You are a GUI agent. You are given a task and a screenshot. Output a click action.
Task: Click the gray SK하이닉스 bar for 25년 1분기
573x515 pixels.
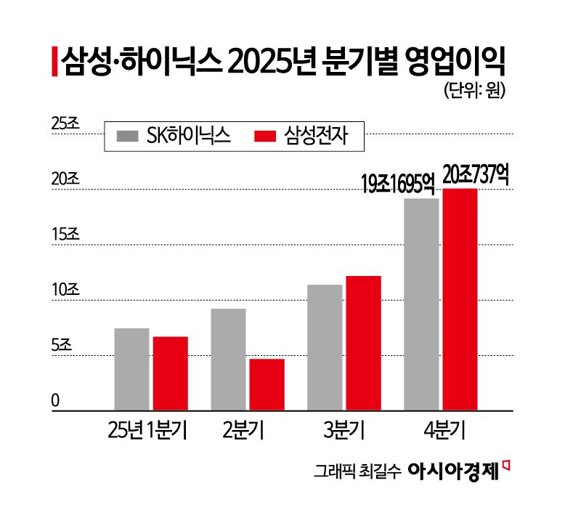(x=131, y=369)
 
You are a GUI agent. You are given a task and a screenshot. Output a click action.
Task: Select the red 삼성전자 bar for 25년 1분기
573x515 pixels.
(x=170, y=373)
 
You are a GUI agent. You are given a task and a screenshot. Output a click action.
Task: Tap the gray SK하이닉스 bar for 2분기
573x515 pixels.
(x=228, y=360)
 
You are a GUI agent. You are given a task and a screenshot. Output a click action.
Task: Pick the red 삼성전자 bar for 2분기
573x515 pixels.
(x=267, y=384)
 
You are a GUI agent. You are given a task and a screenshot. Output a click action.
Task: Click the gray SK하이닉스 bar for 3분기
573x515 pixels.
(x=325, y=347)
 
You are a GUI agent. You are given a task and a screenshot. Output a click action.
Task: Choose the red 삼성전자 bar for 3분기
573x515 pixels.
(x=363, y=343)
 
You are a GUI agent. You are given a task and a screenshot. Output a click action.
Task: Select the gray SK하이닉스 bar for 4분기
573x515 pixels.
(x=421, y=304)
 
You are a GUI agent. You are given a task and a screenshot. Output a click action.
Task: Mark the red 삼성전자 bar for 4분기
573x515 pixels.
(x=460, y=299)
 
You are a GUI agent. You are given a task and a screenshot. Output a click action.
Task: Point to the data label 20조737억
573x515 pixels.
(x=476, y=174)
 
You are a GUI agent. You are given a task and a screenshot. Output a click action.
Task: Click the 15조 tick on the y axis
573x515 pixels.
(x=65, y=235)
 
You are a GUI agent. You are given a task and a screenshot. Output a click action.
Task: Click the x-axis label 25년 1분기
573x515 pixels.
(x=147, y=431)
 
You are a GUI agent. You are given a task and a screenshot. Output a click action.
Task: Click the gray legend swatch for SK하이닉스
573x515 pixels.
(x=128, y=136)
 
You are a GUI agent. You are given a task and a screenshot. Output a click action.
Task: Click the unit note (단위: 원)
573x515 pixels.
(x=472, y=91)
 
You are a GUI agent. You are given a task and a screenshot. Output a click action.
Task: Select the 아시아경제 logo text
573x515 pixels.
(x=453, y=470)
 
